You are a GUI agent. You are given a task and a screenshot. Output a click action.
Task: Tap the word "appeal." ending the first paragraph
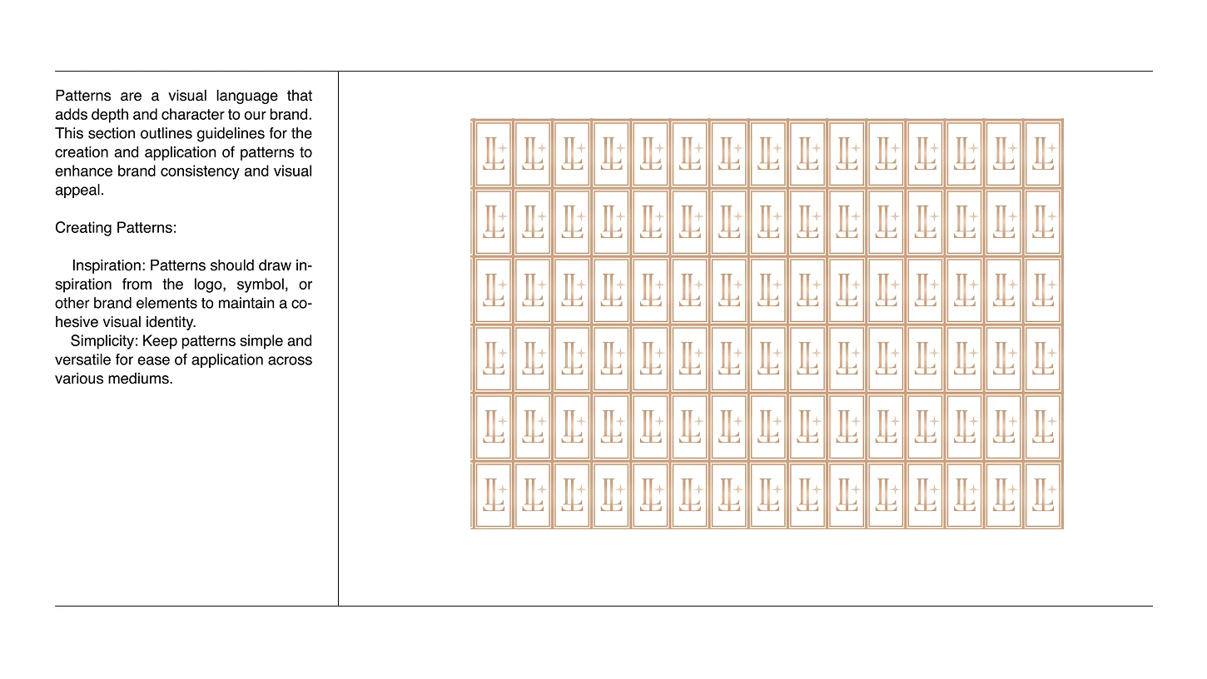click(79, 190)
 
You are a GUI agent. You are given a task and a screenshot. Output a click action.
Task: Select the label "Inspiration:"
click(109, 265)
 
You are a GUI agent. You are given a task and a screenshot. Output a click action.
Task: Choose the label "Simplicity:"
click(105, 341)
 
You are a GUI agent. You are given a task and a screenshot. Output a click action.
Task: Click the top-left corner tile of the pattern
click(493, 154)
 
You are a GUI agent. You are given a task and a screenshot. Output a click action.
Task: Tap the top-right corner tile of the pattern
click(1042, 154)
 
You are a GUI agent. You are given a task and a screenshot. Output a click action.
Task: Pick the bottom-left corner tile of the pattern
click(493, 495)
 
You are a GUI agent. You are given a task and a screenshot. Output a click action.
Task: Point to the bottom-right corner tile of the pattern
click(1042, 495)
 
